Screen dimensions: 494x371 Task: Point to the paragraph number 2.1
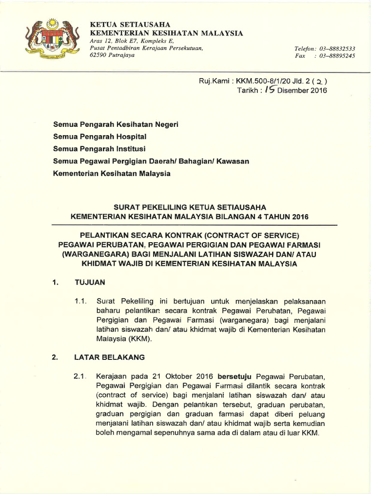(80, 376)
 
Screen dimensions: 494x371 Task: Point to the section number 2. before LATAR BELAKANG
(55, 357)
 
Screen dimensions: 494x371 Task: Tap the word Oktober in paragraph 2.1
(179, 376)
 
